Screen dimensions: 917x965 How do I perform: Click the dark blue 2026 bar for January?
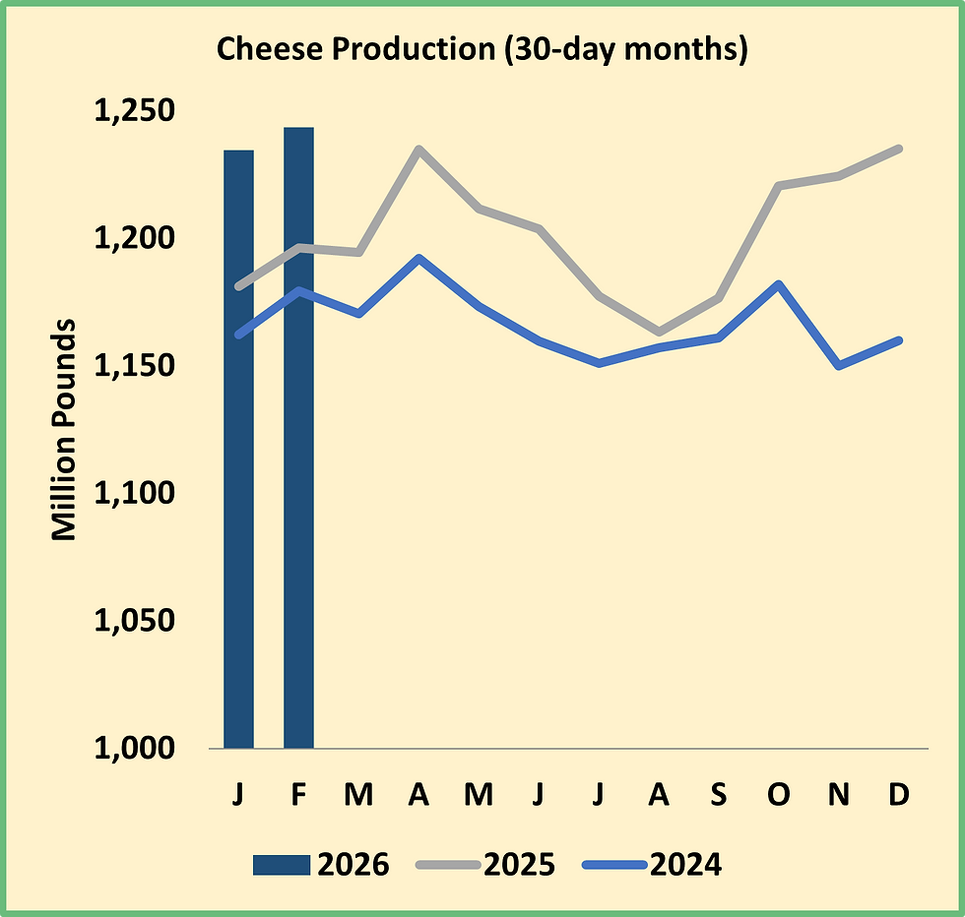point(238,449)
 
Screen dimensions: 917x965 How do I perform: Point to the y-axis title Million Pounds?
point(64,429)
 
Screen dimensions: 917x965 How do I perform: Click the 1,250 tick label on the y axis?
point(134,111)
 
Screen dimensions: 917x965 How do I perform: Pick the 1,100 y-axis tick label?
point(134,494)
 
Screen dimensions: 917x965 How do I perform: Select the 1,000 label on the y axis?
point(134,749)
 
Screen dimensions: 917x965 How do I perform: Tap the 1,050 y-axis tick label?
point(134,622)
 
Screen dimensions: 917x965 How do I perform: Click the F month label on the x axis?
point(298,795)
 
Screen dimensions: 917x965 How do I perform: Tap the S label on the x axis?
point(718,795)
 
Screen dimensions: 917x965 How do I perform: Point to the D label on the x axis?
point(898,795)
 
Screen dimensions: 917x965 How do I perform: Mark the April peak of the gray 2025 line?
point(418,150)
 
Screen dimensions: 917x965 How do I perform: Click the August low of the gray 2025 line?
point(659,332)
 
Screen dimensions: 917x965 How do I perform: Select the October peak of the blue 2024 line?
point(779,284)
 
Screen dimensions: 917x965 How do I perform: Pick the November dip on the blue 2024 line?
point(838,365)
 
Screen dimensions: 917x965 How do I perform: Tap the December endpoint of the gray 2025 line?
point(898,149)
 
